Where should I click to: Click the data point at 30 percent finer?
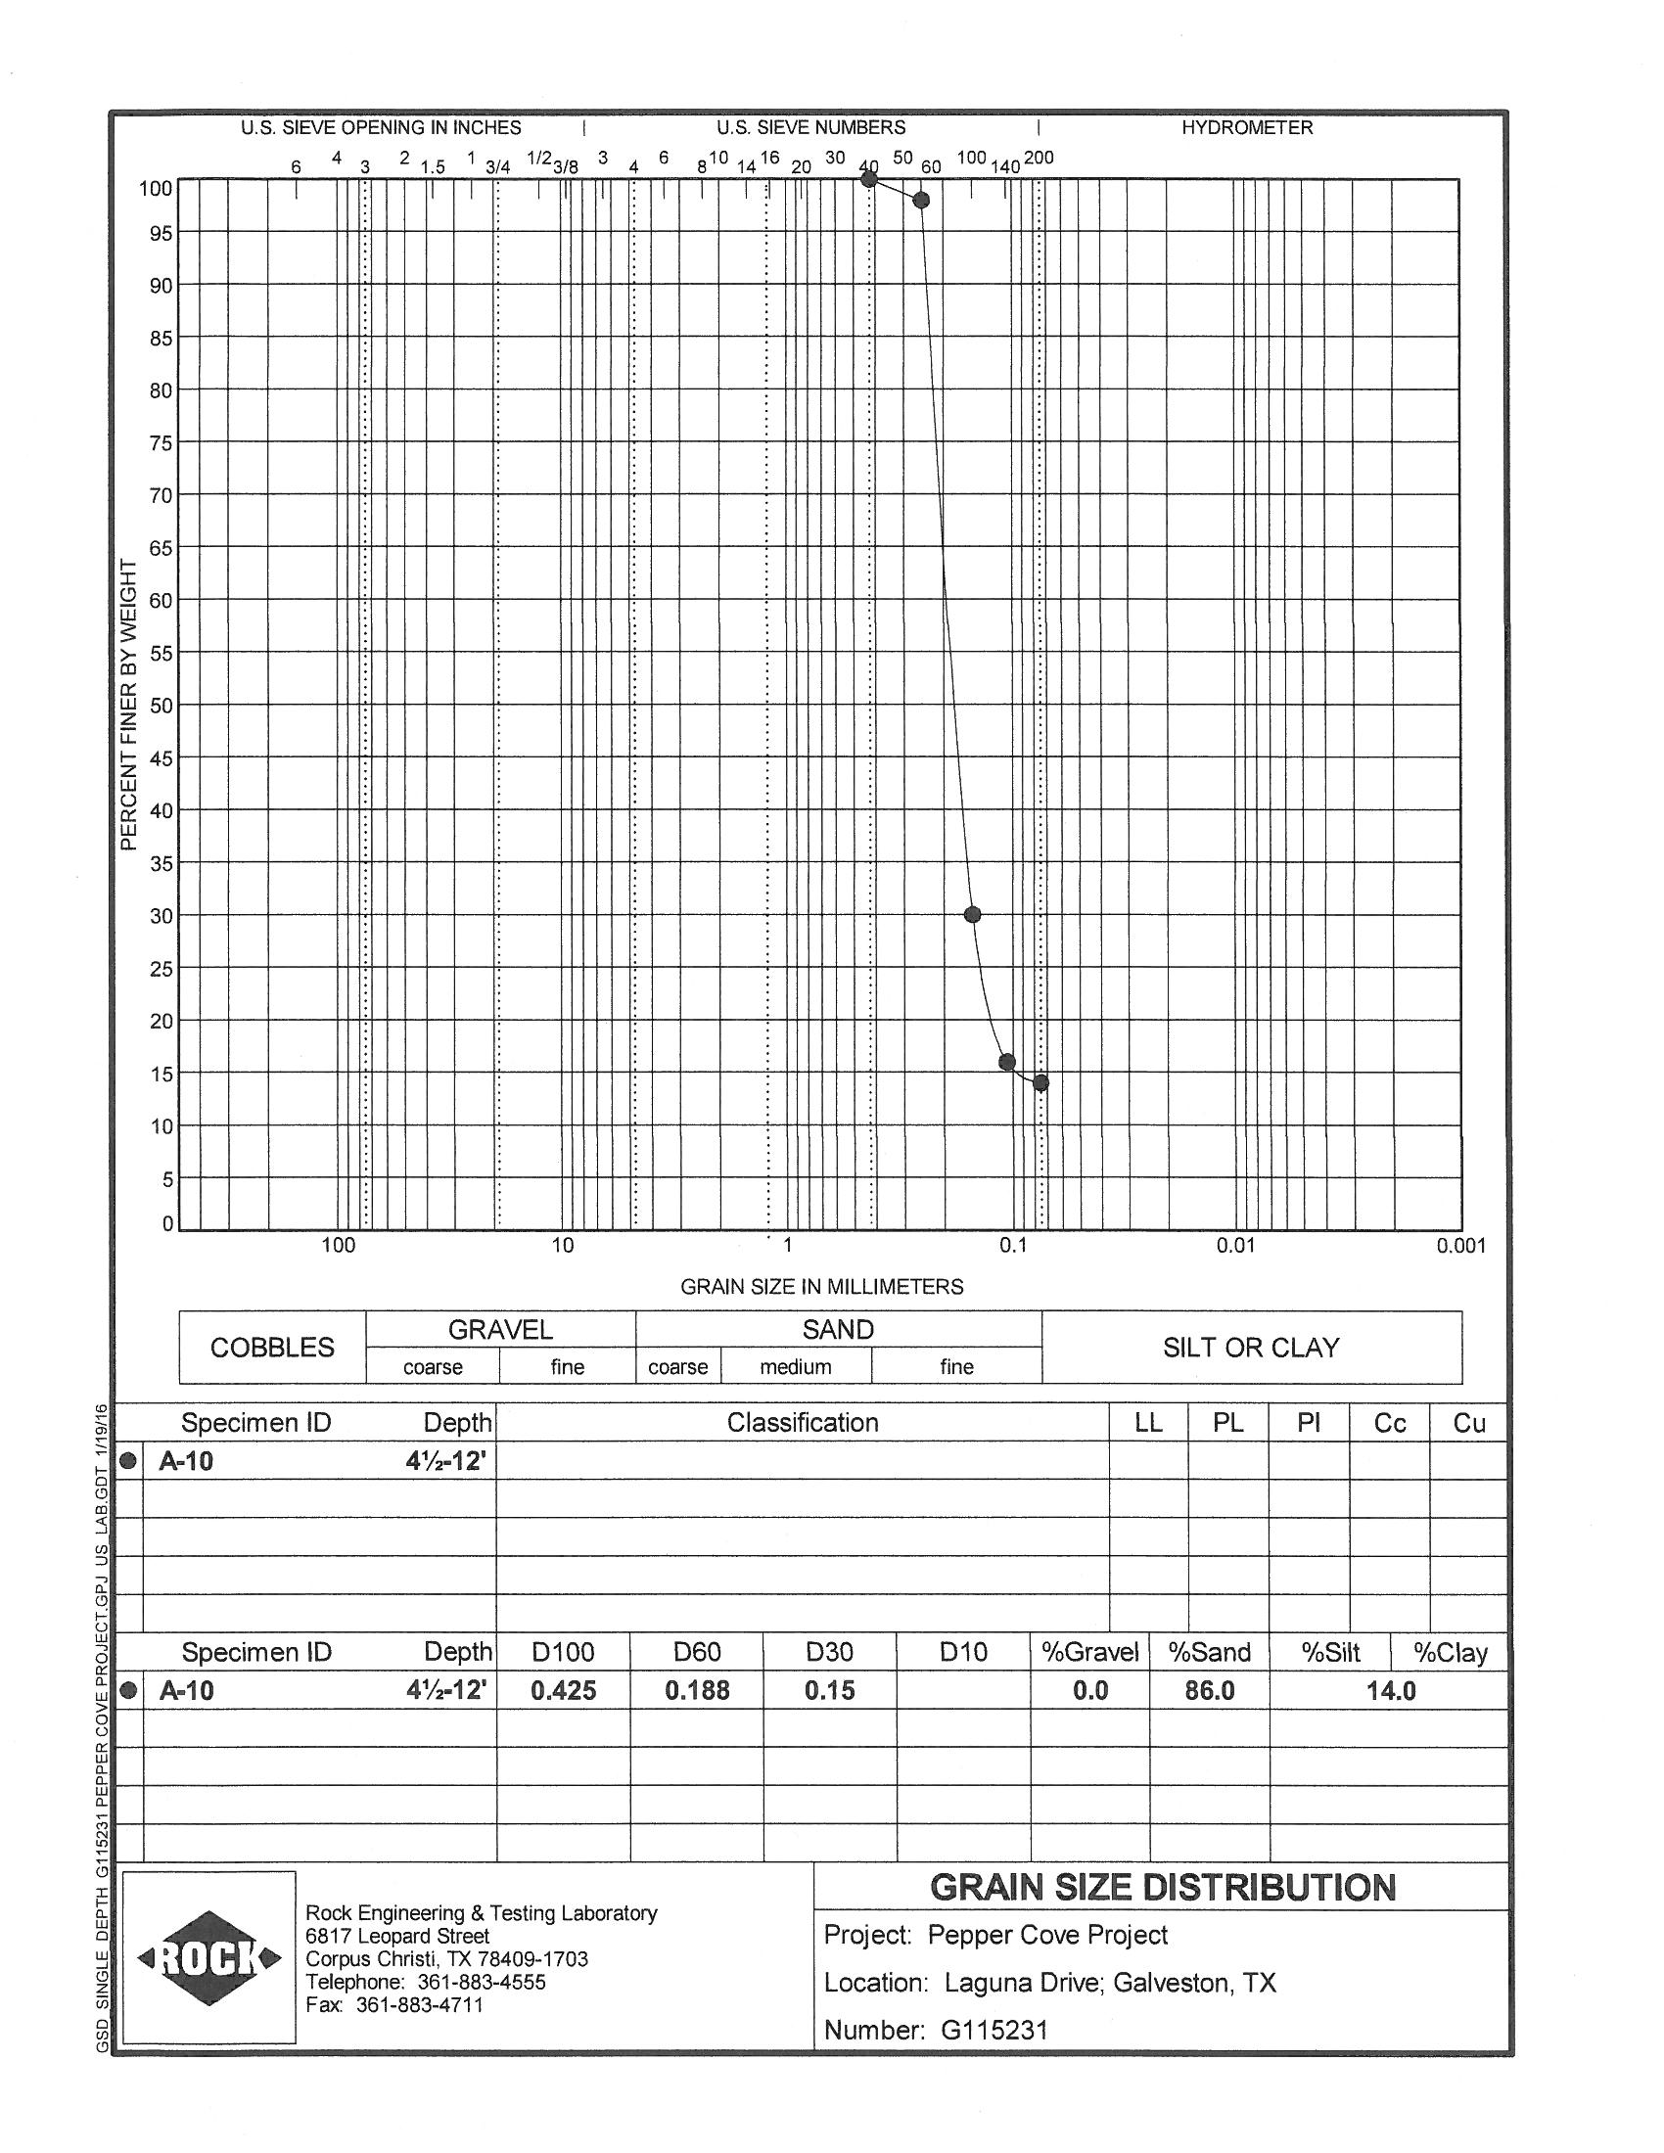tap(972, 915)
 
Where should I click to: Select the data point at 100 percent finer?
tap(868, 179)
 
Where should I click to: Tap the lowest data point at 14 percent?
tap(1041, 1083)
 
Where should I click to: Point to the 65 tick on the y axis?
tap(161, 548)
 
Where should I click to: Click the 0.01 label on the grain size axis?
tap(1235, 1245)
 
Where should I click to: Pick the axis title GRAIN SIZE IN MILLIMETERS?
tap(821, 1287)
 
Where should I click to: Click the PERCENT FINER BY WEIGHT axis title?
tap(128, 704)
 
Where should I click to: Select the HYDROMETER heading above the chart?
tap(1247, 128)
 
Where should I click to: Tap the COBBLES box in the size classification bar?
tap(272, 1348)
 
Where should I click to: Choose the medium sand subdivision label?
tap(796, 1367)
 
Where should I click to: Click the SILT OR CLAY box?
tap(1251, 1348)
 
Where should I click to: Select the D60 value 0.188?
tap(697, 1692)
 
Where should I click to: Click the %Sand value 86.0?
tap(1210, 1692)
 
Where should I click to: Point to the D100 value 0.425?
tap(564, 1692)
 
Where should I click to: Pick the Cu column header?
tap(1469, 1424)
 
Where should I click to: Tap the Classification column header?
tap(803, 1423)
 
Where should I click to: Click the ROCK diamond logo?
tap(209, 1959)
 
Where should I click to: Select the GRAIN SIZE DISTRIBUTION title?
tap(1163, 1888)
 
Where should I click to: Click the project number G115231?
tap(994, 2030)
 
